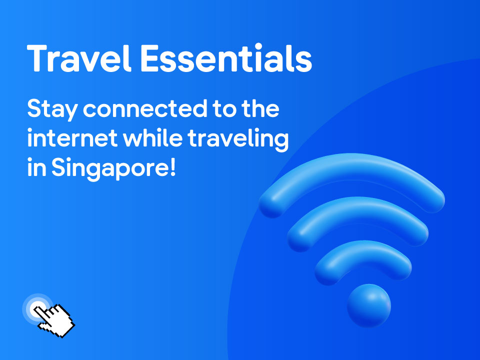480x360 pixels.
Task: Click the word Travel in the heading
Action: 79,58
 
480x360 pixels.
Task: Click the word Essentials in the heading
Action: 226,58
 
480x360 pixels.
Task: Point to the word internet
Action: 72,138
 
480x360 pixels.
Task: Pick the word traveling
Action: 238,139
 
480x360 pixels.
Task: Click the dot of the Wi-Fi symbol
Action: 369,305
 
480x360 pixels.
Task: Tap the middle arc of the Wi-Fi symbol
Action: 357,210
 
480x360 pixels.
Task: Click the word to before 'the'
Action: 224,109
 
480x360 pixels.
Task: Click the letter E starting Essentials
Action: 152,58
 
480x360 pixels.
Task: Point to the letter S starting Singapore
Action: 59,168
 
